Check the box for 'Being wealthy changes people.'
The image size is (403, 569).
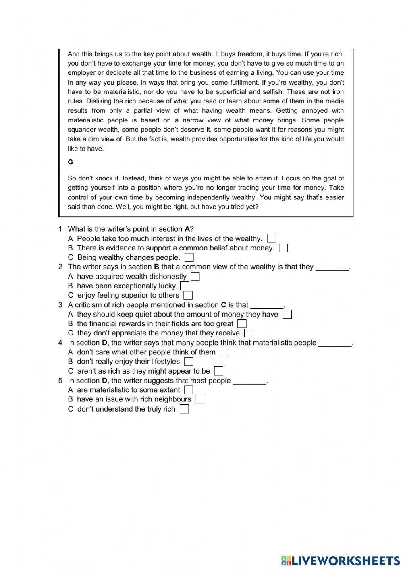pyautogui.click(x=189, y=257)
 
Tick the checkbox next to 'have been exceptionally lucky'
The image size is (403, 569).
pyautogui.click(x=185, y=286)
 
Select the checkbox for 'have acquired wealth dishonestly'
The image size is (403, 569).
pyautogui.click(x=195, y=277)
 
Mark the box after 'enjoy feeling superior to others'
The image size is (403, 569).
pyautogui.click(x=188, y=295)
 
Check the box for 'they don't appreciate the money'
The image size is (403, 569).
pyautogui.click(x=249, y=333)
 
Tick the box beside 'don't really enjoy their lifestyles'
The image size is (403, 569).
pyautogui.click(x=189, y=362)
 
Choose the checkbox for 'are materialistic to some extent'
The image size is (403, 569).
pyautogui.click(x=188, y=390)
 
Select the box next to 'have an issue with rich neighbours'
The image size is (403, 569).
pyautogui.click(x=199, y=399)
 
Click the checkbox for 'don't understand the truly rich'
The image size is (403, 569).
pyautogui.click(x=184, y=409)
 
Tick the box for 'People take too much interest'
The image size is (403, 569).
pyautogui.click(x=272, y=239)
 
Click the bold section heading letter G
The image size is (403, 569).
pyautogui.click(x=71, y=162)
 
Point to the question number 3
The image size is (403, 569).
pyautogui.click(x=60, y=305)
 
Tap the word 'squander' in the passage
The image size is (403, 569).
pyautogui.click(x=81, y=130)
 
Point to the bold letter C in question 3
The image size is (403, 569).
pyautogui.click(x=224, y=305)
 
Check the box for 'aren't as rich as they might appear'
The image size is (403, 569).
pyautogui.click(x=219, y=371)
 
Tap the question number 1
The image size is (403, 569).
pyautogui.click(x=60, y=229)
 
